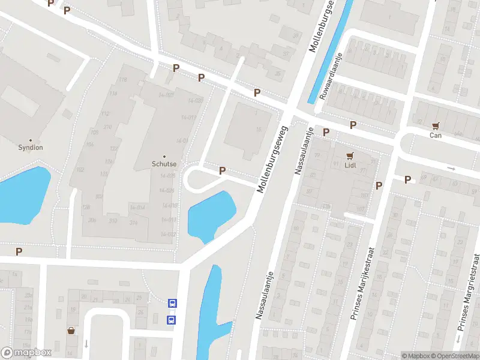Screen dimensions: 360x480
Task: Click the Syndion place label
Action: pos(31,147)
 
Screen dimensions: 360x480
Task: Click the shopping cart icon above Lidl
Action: pos(349,155)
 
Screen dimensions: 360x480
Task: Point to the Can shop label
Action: pos(436,135)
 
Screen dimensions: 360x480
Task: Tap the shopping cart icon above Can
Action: pos(436,127)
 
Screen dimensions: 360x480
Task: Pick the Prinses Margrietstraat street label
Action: pos(468,292)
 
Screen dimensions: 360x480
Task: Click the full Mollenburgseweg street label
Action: pos(274,159)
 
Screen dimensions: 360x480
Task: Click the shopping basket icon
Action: pos(71,331)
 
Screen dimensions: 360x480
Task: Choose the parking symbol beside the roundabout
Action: pos(223,171)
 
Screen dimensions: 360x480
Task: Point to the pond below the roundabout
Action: pos(211,215)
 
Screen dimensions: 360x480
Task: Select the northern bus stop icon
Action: pos(172,304)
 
